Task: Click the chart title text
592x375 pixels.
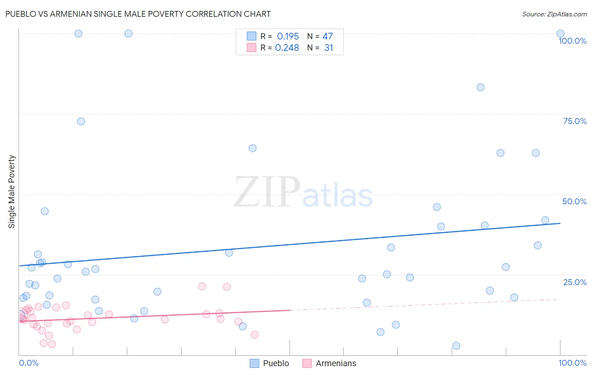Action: [x=138, y=14]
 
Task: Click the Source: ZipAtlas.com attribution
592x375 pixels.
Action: [x=554, y=14]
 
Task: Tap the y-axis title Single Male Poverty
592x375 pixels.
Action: [x=12, y=192]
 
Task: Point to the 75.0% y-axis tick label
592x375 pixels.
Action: [x=575, y=121]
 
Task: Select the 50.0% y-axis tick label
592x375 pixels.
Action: [x=574, y=201]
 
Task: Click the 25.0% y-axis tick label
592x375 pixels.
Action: [x=575, y=282]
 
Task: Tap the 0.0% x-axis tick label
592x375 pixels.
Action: [x=29, y=363]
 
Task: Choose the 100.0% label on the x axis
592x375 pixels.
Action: [x=572, y=363]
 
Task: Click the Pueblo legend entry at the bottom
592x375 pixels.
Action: [x=269, y=363]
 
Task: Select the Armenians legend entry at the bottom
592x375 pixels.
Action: [x=329, y=363]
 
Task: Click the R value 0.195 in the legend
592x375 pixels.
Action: [x=288, y=37]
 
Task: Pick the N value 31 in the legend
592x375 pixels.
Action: [x=328, y=48]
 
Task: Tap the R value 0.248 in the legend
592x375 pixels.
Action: [x=287, y=48]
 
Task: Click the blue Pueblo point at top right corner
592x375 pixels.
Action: [x=560, y=34]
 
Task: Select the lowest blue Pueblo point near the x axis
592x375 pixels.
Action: [x=456, y=346]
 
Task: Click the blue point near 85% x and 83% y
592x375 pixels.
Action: [x=480, y=87]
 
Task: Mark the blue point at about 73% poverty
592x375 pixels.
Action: [x=81, y=121]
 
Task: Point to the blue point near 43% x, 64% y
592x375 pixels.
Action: [x=253, y=148]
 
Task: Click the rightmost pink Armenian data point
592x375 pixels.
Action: [x=254, y=335]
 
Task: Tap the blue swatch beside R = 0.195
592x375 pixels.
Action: [x=251, y=36]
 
